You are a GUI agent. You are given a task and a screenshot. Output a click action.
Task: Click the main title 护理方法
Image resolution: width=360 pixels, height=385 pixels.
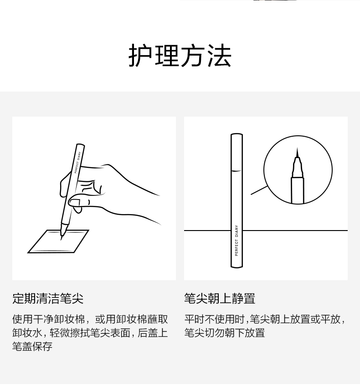(180, 56)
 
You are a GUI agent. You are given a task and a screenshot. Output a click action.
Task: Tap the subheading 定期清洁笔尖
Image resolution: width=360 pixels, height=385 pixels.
(48, 298)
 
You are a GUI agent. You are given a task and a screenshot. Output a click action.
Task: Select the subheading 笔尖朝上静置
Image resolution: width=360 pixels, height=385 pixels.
(220, 298)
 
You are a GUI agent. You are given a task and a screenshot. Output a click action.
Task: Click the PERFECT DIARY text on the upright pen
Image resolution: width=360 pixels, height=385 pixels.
(237, 241)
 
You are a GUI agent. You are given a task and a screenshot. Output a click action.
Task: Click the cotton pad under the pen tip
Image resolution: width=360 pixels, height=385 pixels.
(58, 241)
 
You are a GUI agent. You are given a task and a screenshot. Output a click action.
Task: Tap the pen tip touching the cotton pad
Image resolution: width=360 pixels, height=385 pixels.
(62, 233)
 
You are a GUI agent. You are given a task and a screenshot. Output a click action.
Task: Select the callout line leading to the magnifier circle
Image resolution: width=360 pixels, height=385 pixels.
(259, 190)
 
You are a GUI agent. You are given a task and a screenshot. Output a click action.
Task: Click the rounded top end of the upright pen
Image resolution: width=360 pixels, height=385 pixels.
(237, 134)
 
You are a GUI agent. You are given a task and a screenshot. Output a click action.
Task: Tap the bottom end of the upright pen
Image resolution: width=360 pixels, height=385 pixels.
(237, 267)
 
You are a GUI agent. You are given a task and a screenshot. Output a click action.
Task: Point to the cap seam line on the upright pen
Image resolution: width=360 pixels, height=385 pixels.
(237, 171)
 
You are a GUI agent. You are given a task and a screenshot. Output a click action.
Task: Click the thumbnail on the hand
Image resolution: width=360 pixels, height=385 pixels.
(75, 203)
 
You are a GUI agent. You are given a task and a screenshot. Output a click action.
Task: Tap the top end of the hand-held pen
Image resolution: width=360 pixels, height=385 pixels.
(80, 145)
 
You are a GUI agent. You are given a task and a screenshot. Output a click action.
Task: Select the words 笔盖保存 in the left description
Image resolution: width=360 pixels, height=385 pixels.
(32, 346)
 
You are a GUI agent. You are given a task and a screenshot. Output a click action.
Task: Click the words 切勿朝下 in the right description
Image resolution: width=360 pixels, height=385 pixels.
(225, 333)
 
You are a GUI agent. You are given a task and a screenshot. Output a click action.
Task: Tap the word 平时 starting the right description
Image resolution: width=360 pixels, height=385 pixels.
(194, 319)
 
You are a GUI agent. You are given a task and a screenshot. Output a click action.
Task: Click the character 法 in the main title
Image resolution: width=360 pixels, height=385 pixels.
(219, 56)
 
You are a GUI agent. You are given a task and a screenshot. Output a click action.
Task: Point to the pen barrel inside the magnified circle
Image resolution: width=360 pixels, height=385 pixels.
(298, 190)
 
